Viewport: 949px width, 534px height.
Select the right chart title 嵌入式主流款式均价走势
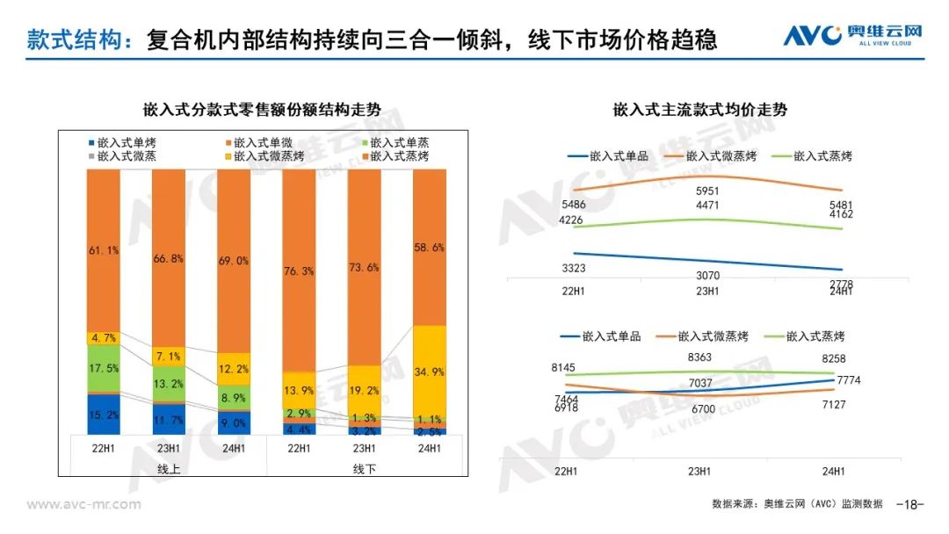tap(699, 111)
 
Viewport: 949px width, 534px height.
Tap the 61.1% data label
tap(104, 250)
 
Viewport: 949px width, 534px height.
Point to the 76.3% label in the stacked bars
tap(299, 271)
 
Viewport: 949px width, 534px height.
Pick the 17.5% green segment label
tap(104, 367)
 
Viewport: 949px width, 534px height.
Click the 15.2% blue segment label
tap(104, 415)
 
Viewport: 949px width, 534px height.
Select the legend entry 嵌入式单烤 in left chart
tap(127, 142)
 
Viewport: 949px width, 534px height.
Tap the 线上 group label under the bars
tap(169, 469)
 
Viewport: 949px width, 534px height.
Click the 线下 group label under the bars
tap(364, 469)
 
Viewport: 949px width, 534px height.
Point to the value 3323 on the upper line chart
tap(574, 268)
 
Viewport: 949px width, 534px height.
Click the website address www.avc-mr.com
tap(83, 504)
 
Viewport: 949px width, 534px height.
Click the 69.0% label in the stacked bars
tap(233, 261)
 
